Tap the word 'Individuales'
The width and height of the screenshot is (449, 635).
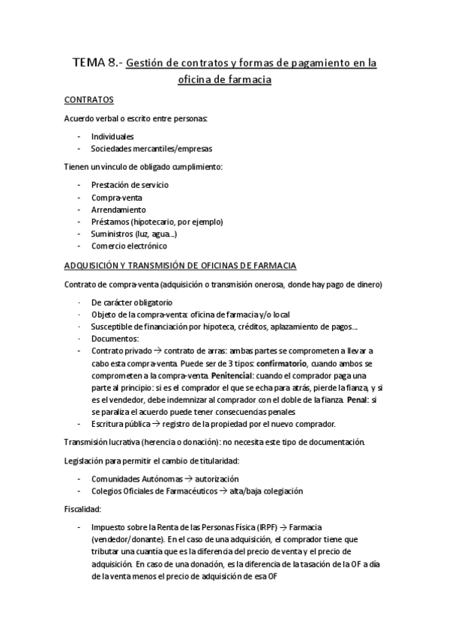coord(112,137)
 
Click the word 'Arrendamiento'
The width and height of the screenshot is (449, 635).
coord(118,210)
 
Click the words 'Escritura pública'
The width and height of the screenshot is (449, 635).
coord(121,423)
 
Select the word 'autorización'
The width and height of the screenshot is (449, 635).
coord(217,478)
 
